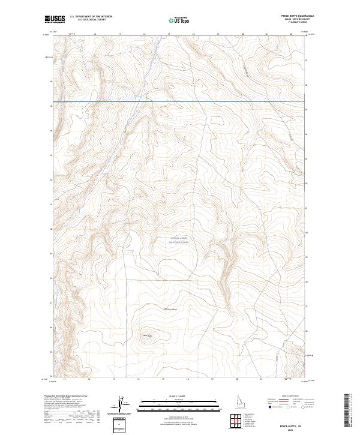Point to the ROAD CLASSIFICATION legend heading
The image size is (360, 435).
[290, 397]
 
